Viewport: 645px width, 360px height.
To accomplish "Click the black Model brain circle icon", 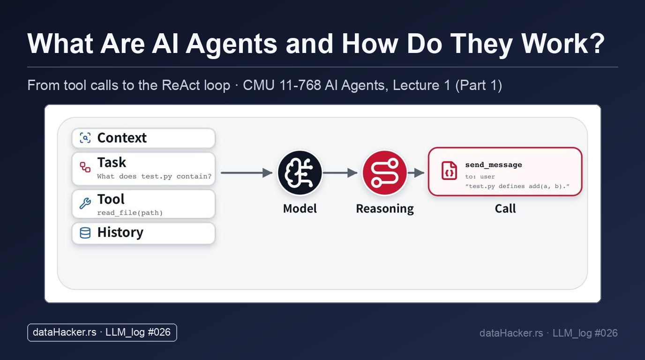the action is click(x=300, y=173).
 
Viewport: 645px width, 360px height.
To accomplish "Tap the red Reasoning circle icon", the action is click(x=384, y=173).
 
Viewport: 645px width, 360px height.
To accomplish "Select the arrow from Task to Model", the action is click(x=247, y=173).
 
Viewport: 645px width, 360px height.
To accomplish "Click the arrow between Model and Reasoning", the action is click(x=340, y=173).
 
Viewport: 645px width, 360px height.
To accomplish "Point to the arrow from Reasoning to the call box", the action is click(x=416, y=173).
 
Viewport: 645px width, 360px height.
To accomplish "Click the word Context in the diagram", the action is click(x=122, y=138).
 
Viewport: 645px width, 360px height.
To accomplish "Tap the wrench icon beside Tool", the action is click(x=85, y=203).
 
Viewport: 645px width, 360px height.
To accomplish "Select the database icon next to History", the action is click(x=85, y=232).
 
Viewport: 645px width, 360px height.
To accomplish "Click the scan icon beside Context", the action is click(x=85, y=138).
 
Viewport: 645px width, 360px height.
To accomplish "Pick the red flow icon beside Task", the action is click(x=85, y=167).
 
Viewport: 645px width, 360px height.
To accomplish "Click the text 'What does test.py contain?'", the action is click(x=154, y=176).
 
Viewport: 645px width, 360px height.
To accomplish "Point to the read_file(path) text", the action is click(x=130, y=213).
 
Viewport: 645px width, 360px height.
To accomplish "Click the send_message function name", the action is click(x=494, y=165).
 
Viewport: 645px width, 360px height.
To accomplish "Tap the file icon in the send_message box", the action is click(x=449, y=171).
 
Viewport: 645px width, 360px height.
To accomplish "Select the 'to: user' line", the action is click(x=480, y=177).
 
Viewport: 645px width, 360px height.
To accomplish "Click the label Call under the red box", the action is click(x=505, y=209).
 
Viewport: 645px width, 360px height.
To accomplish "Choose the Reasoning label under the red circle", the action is click(x=385, y=209).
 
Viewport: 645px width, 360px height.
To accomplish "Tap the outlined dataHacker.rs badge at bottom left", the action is click(x=102, y=333).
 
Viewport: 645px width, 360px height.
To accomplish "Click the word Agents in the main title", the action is click(x=231, y=44).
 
